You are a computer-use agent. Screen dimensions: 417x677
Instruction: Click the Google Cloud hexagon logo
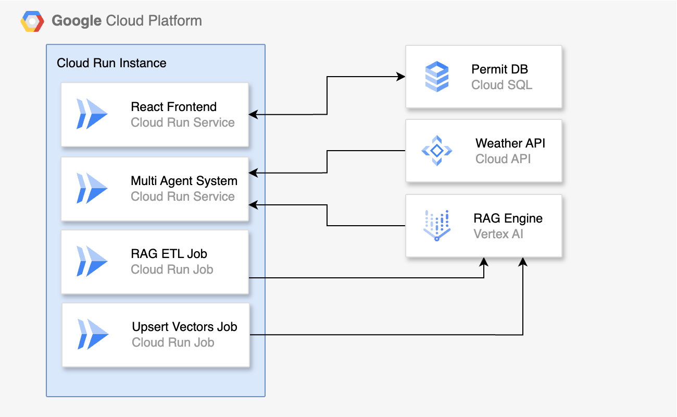[32, 21]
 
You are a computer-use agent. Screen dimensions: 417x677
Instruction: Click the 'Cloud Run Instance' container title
[111, 63]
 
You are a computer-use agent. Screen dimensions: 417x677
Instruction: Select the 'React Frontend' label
[173, 107]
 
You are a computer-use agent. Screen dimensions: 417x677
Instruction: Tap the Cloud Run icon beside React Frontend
[92, 114]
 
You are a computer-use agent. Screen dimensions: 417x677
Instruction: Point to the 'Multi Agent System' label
[184, 181]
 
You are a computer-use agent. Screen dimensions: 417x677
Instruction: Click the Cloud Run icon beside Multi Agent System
[92, 188]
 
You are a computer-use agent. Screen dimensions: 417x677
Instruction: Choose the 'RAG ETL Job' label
[169, 254]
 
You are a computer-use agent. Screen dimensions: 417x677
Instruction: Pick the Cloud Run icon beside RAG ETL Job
[92, 261]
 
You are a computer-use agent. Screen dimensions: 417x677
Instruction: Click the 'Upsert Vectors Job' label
[184, 327]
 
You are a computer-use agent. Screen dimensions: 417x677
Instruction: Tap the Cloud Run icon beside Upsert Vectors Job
[93, 334]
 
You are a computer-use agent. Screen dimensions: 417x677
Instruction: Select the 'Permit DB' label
[499, 69]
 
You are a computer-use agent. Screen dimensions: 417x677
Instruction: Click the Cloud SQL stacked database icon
[436, 77]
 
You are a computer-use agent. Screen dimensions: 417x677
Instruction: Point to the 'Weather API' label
[510, 143]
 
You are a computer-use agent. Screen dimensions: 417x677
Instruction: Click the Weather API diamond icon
[436, 151]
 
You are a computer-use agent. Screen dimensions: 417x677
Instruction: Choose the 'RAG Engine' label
[508, 218]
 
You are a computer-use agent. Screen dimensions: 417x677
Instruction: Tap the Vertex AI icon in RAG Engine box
[436, 226]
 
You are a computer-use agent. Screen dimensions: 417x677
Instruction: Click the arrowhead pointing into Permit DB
[402, 77]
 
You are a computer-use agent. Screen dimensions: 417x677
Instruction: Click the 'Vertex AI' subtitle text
[498, 234]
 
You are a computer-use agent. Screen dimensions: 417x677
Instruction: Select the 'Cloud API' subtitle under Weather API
[503, 159]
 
